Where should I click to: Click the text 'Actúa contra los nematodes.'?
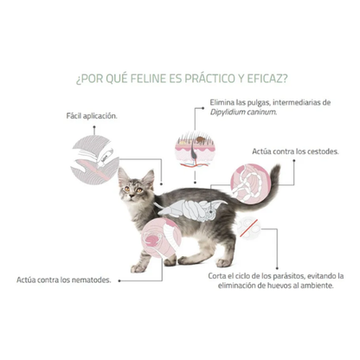(x=63, y=280)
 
